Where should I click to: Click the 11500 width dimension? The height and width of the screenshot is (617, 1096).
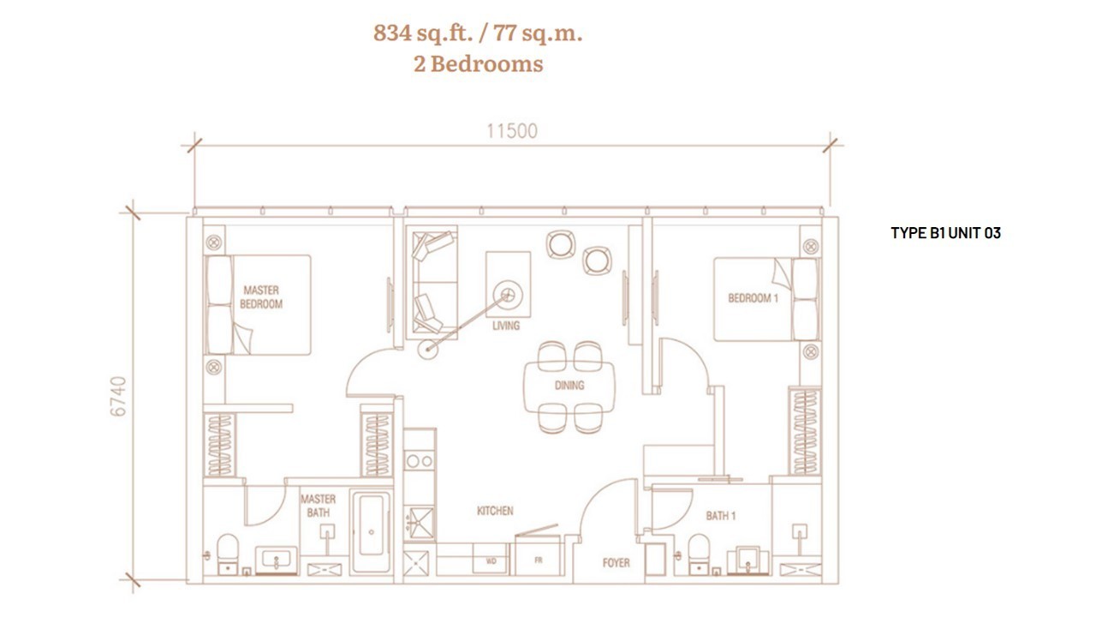(512, 131)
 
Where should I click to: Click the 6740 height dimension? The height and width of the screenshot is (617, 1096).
(118, 396)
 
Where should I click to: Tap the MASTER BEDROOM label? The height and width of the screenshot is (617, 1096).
(261, 297)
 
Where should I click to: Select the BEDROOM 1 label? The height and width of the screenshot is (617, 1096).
(753, 297)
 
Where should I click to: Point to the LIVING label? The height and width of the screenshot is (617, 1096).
(506, 326)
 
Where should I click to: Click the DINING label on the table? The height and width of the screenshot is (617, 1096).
(569, 386)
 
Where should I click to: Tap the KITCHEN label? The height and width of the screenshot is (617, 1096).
(495, 511)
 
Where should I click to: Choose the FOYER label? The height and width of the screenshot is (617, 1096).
(616, 563)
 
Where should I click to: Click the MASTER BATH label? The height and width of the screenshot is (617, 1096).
(318, 506)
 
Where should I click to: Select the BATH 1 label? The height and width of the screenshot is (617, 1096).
(721, 516)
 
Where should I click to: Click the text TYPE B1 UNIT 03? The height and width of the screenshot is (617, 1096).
(945, 233)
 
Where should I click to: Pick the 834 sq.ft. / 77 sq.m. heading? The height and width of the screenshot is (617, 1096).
(478, 33)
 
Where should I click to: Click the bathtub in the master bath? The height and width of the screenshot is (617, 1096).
(372, 532)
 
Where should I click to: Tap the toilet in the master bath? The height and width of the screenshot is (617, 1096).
(227, 554)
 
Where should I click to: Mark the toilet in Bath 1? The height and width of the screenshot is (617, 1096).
(698, 554)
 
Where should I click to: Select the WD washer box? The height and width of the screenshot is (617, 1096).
(491, 561)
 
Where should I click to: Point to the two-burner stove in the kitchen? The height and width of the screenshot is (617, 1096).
(420, 461)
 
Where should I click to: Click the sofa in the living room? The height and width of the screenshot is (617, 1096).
(432, 283)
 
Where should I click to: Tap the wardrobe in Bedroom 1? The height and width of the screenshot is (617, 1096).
(804, 431)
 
